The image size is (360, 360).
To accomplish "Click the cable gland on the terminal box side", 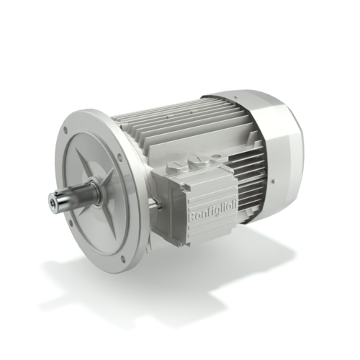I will tap(153, 206).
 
